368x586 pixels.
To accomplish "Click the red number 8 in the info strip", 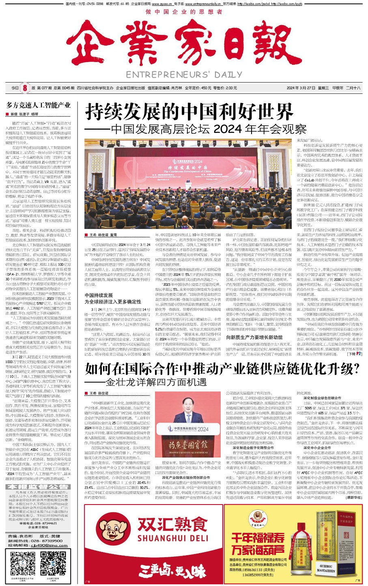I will tap(25, 88).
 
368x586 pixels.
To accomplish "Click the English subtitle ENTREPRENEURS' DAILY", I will tap(184, 75).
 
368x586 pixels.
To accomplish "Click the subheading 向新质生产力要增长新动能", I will tap(254, 337).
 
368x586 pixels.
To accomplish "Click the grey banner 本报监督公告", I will tap(39, 487).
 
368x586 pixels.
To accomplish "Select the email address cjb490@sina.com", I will tap(44, 545).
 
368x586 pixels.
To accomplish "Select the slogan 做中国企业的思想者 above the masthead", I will tap(184, 12).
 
